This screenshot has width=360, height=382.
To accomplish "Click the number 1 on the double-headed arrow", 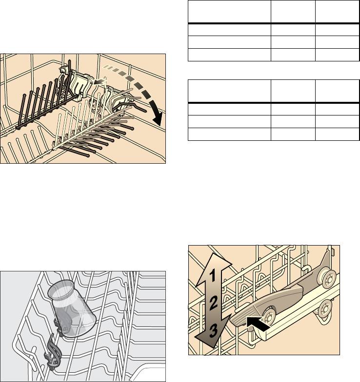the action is pos(213,276).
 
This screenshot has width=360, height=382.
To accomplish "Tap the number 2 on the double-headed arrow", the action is pos(213,303).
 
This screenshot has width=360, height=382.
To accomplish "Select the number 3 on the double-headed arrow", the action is pos(214,331).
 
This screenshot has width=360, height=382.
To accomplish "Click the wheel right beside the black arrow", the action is pos(269,316).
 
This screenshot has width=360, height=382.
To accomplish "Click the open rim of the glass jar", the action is pos(60,289).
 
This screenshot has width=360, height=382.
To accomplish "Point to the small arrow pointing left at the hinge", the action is pos(100,82).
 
